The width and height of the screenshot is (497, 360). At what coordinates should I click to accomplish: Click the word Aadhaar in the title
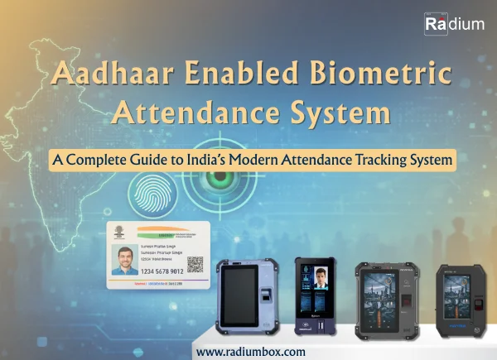[107, 76]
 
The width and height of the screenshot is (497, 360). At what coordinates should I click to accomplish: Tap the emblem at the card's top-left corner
[118, 233]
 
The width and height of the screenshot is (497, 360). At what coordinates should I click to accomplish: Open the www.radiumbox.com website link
[250, 351]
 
